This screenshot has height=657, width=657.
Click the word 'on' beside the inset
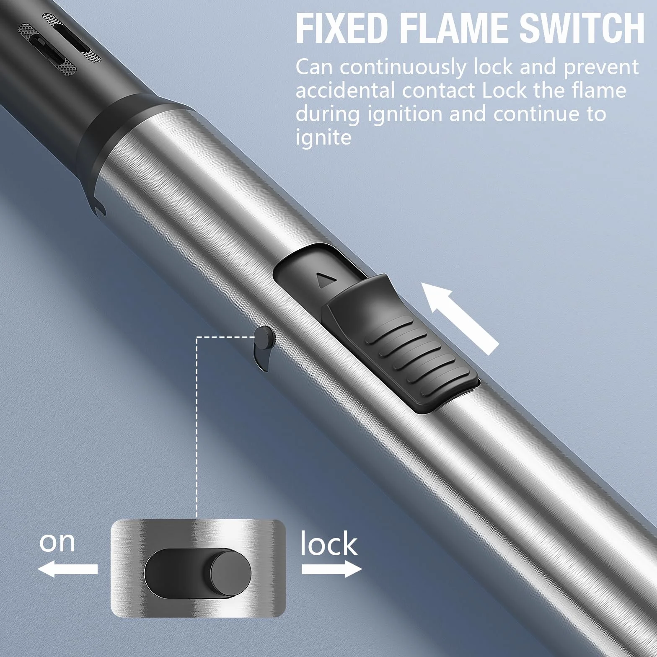57,542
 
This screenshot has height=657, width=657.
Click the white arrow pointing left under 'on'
67,569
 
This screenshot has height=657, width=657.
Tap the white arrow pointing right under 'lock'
332,569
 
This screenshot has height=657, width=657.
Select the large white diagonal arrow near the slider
460,317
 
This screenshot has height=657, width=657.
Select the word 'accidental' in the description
345,91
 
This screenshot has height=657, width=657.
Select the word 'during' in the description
328,114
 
